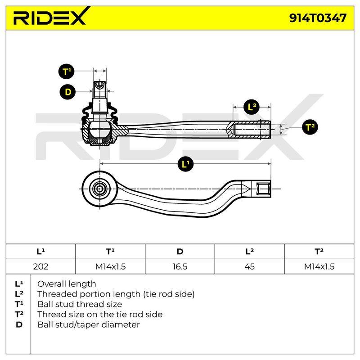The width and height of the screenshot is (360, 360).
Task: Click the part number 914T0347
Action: pyautogui.click(x=318, y=18)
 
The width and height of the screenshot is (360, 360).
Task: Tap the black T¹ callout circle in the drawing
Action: pyautogui.click(x=66, y=72)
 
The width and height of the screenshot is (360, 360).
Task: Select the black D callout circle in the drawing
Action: pyautogui.click(x=68, y=92)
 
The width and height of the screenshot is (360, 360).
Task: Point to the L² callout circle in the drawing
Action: pyautogui.click(x=252, y=107)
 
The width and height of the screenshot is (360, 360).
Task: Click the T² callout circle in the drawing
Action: pyautogui.click(x=310, y=127)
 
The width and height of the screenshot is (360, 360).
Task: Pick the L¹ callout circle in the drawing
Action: pyautogui.click(x=185, y=164)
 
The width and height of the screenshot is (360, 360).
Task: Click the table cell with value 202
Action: pyautogui.click(x=40, y=266)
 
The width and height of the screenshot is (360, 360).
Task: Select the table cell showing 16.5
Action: pyautogui.click(x=180, y=266)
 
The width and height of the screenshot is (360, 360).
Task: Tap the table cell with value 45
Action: pyautogui.click(x=249, y=266)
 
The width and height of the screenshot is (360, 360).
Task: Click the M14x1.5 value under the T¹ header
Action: pyautogui.click(x=110, y=266)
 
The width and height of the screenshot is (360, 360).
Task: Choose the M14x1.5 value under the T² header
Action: pyautogui.click(x=319, y=266)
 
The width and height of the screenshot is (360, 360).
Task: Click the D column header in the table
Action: pyautogui.click(x=180, y=252)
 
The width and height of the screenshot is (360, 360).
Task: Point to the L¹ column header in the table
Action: pyautogui.click(x=40, y=252)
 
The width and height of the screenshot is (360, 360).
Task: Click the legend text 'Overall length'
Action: pyautogui.click(x=67, y=284)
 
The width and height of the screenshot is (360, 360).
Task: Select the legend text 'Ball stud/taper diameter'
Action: pyautogui.click(x=89, y=324)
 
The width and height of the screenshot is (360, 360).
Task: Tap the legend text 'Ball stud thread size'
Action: pyautogui.click(x=80, y=304)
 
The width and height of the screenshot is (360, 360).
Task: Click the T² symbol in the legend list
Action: pyautogui.click(x=19, y=314)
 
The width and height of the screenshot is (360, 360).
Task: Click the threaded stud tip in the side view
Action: pyautogui.click(x=100, y=85)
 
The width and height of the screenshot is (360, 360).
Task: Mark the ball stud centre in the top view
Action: pyautogui.click(x=100, y=189)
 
